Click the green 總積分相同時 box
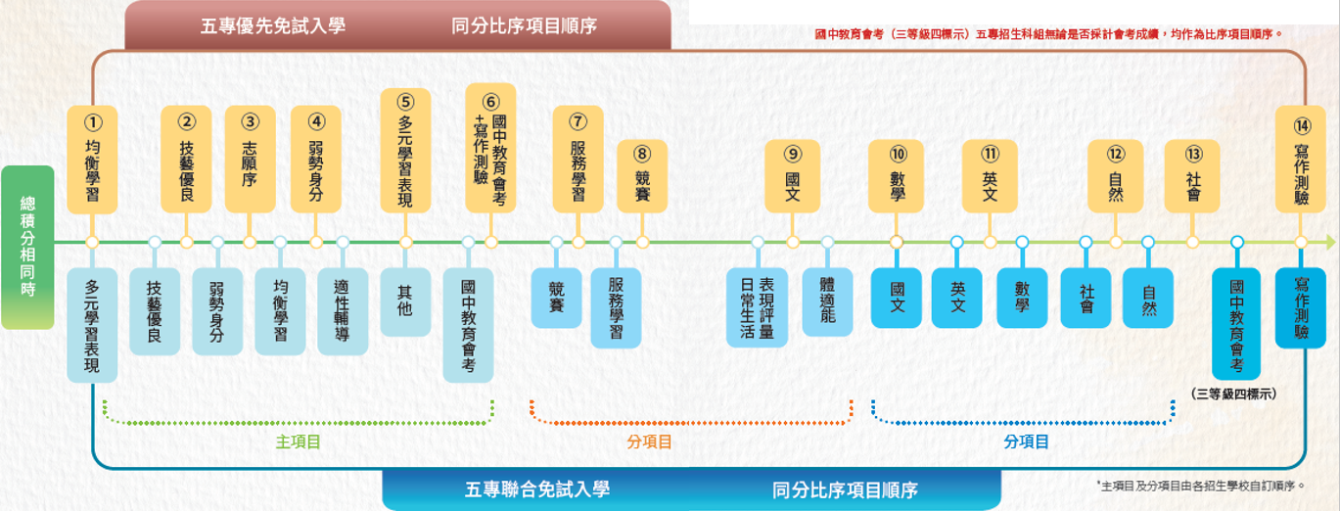(27, 248)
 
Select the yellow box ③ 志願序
(251, 160)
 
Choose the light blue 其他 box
(405, 302)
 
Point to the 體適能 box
(827, 302)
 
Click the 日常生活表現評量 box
(757, 307)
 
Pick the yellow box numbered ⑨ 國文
(792, 176)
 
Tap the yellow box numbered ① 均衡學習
(92, 160)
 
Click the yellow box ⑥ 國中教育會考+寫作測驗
(490, 149)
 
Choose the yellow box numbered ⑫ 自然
(1116, 176)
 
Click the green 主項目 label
(299, 442)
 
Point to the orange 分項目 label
(649, 442)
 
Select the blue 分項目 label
(1026, 442)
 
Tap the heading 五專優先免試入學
(273, 25)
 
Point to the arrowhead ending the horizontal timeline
(1328, 242)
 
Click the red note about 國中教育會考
(1047, 34)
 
